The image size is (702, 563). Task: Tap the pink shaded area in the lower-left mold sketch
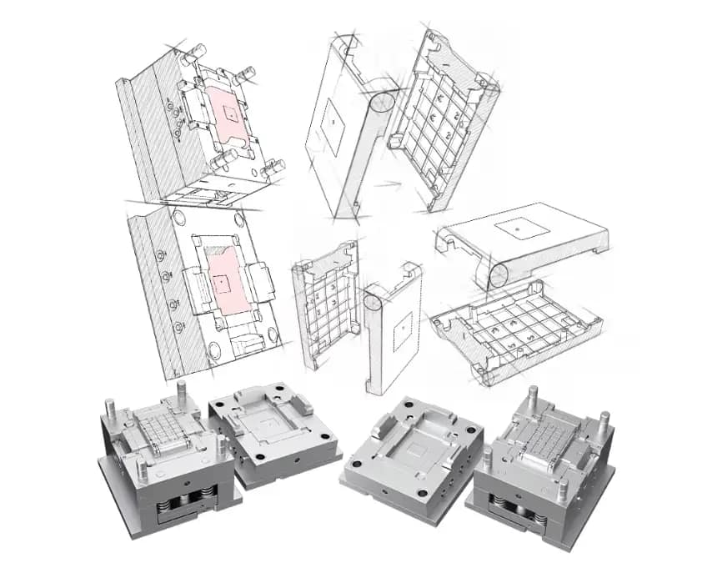[224, 283]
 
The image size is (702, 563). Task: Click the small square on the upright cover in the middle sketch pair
[402, 334]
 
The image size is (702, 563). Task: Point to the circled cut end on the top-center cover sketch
[383, 103]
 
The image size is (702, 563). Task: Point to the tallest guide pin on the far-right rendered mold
[531, 398]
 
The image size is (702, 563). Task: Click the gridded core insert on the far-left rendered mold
[164, 430]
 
